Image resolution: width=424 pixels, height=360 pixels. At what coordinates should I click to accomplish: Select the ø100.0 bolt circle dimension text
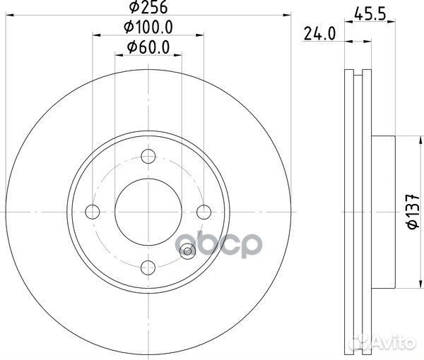click(x=148, y=29)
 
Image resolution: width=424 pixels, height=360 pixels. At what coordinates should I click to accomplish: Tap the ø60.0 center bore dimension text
click(x=148, y=47)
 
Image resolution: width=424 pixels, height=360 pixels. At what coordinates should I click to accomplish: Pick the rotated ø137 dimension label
click(x=399, y=212)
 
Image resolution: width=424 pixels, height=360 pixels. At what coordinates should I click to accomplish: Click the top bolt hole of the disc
click(x=148, y=157)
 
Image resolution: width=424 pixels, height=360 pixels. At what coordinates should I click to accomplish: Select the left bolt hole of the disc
click(x=93, y=211)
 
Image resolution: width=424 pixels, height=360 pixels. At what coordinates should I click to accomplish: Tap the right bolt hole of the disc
click(x=204, y=211)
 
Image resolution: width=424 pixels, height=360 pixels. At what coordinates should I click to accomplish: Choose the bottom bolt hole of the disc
click(x=148, y=266)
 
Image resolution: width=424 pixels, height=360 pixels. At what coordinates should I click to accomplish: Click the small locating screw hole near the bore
click(x=187, y=250)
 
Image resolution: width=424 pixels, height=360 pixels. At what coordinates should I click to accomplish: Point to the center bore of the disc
click(x=148, y=211)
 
